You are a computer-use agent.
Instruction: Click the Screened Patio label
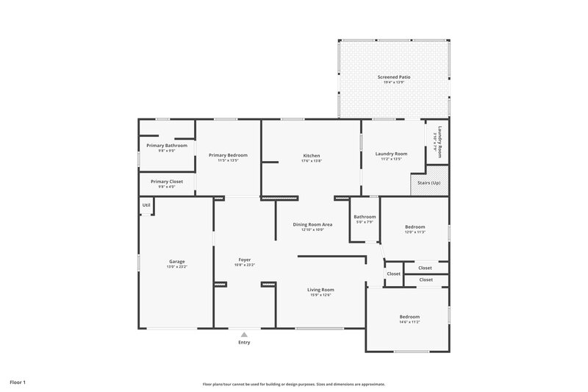pos(393,76)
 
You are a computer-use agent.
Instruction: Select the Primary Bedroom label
pos(228,155)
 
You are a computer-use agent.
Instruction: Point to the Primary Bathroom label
pos(167,146)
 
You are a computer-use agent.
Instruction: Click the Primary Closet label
pos(167,181)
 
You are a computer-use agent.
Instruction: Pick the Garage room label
pos(176,261)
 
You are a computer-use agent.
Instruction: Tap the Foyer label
pos(245,260)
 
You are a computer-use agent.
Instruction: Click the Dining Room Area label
pos(313,224)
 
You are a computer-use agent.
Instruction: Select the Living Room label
pos(320,290)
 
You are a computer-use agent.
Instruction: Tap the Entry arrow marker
pos(244,334)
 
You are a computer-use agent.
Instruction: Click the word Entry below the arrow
pos(244,343)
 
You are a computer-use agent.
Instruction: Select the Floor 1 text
pos(18,382)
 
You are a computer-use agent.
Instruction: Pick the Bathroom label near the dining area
pos(365,217)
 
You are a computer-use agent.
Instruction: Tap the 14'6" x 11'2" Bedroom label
pos(409,316)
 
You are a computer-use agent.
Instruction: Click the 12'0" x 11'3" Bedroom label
pos(415,228)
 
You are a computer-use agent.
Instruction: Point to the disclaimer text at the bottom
pos(294,384)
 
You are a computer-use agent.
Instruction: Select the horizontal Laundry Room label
pos(390,154)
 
